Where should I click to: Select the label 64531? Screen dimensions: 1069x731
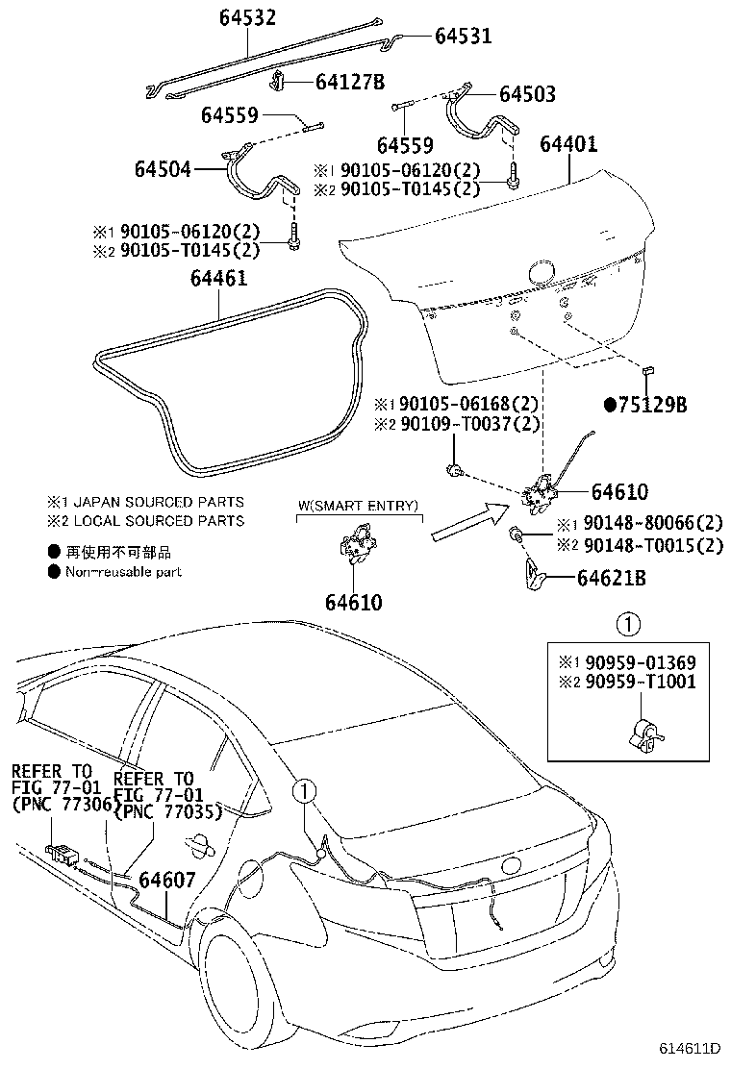tap(463, 37)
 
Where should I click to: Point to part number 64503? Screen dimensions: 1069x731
tap(526, 94)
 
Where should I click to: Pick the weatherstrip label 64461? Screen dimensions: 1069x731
tap(218, 280)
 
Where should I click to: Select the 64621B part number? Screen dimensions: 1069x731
tap(612, 579)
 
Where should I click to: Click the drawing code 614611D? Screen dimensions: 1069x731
tap(690, 1047)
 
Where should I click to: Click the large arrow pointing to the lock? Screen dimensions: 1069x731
tap(470, 520)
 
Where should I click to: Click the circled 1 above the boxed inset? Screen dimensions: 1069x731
tap(627, 626)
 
